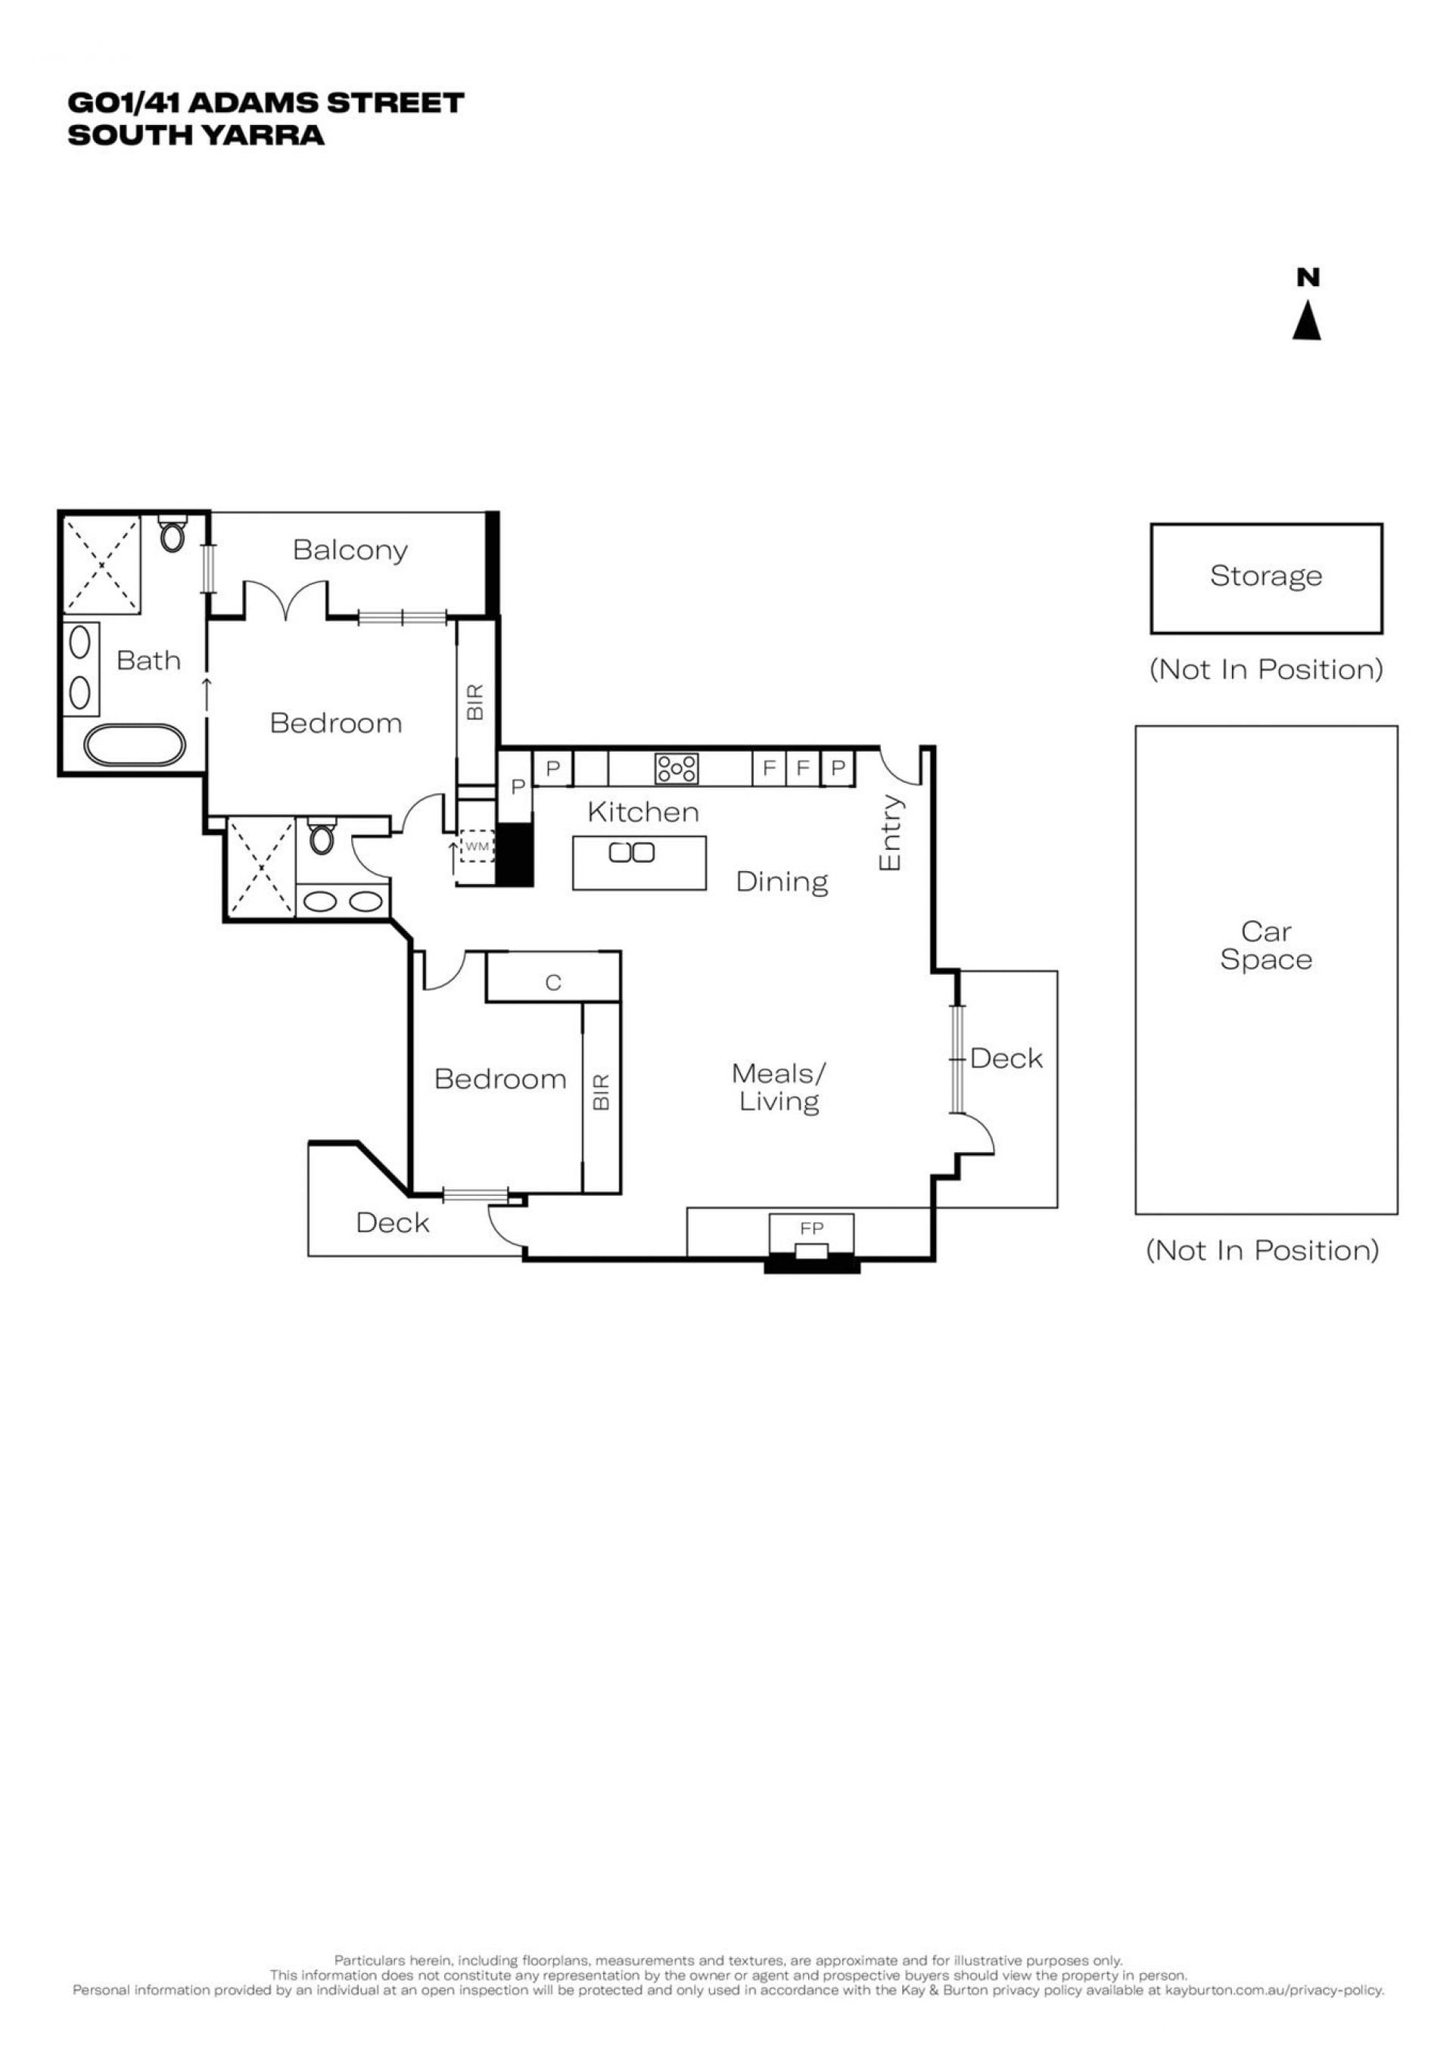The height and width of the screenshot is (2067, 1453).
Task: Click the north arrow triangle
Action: tap(1306, 322)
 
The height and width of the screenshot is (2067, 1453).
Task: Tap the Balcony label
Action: tap(350, 550)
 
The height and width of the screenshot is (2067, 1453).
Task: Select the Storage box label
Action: tap(1266, 575)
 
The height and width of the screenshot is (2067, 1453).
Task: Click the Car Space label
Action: tap(1266, 945)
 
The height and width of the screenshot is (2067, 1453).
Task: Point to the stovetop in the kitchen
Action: tap(676, 769)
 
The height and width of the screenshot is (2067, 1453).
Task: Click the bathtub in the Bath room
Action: tap(135, 746)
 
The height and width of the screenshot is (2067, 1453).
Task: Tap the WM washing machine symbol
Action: tap(476, 846)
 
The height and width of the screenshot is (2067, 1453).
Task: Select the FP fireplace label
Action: tap(811, 1228)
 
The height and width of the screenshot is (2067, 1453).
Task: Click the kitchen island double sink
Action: tap(631, 851)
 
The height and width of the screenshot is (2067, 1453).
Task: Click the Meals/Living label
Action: tap(779, 1088)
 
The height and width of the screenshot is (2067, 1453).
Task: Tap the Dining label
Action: tap(782, 881)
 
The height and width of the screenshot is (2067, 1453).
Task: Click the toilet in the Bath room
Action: tap(172, 534)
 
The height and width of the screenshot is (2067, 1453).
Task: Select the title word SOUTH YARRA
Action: tap(196, 135)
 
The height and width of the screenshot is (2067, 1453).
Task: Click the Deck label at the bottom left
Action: tap(393, 1222)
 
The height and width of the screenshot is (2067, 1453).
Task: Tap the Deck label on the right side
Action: tap(1007, 1059)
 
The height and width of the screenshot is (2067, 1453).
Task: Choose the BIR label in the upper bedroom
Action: tap(475, 702)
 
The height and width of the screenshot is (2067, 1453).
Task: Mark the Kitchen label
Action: tap(642, 812)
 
